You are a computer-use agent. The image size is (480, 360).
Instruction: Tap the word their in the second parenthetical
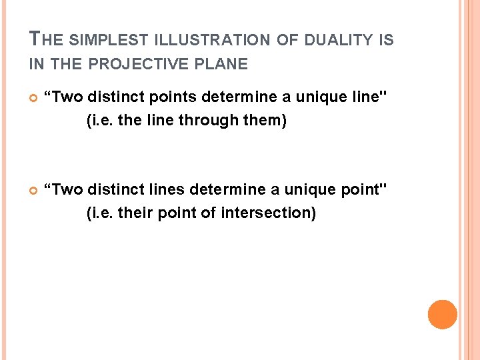pos(131,213)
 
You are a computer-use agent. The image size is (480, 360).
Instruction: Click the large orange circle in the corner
pos(442,314)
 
